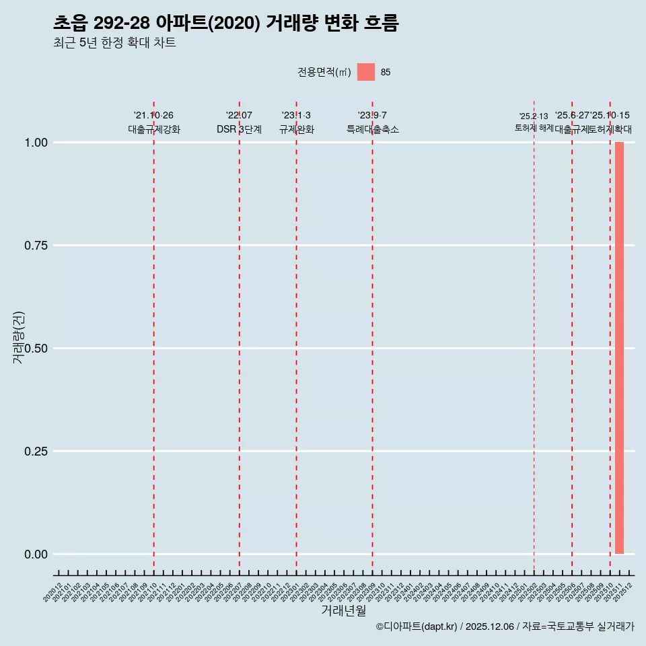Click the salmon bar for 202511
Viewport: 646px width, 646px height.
pyautogui.click(x=619, y=348)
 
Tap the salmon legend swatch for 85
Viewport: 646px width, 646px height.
pyautogui.click(x=366, y=72)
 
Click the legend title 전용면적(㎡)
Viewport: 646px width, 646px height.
pyautogui.click(x=324, y=73)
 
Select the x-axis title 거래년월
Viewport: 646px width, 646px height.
pyautogui.click(x=343, y=611)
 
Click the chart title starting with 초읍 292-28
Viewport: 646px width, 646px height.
pyautogui.click(x=226, y=24)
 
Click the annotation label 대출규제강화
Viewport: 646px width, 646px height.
pyautogui.click(x=154, y=129)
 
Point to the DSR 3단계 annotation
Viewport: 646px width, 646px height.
pyautogui.click(x=239, y=129)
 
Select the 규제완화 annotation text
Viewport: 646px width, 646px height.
pyautogui.click(x=297, y=129)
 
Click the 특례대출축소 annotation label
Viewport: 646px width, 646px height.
pyautogui.click(x=373, y=129)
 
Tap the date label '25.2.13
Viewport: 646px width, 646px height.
pyautogui.click(x=534, y=116)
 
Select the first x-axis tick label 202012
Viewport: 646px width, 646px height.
pyautogui.click(x=53, y=592)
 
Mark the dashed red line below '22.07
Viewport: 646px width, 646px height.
pyautogui.click(x=239, y=336)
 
